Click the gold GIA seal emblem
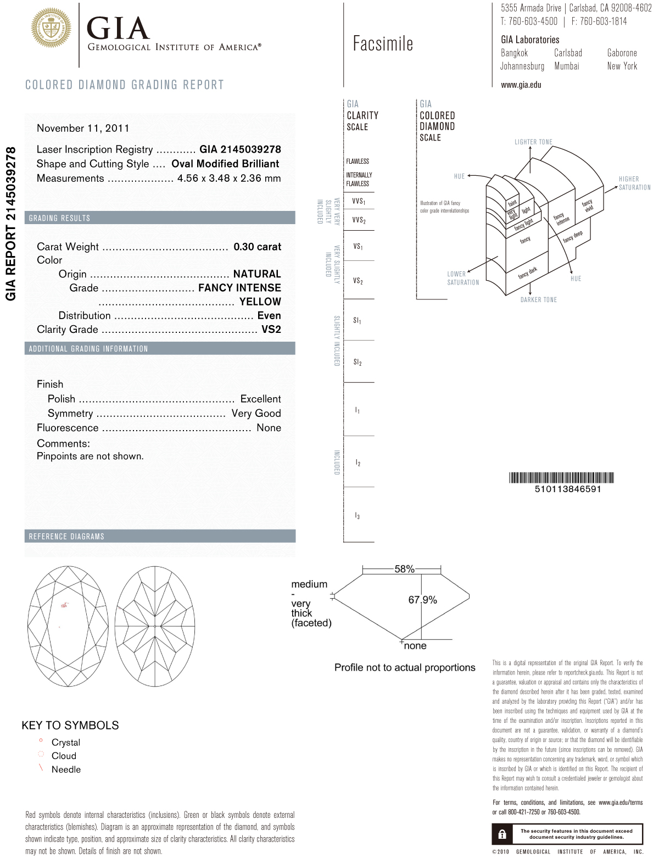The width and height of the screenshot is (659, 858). [x=51, y=28]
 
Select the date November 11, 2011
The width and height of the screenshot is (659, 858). [x=83, y=128]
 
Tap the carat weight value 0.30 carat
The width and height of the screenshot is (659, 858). [x=257, y=247]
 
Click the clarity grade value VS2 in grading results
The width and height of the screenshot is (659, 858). [x=271, y=329]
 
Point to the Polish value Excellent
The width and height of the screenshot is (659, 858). [x=260, y=399]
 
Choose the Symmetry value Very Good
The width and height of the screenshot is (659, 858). [x=256, y=413]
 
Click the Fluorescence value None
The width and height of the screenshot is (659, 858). [x=269, y=427]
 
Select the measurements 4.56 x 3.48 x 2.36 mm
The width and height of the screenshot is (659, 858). [x=229, y=178]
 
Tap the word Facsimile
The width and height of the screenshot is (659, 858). [x=383, y=44]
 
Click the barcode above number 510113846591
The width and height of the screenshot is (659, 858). [x=561, y=477]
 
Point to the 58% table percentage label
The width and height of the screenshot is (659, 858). [x=404, y=569]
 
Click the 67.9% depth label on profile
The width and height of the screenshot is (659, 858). [x=422, y=600]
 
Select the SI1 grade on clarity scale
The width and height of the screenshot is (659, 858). [x=358, y=320]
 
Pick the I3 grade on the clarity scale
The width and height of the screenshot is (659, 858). [x=358, y=516]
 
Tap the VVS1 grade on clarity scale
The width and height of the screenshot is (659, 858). [x=359, y=202]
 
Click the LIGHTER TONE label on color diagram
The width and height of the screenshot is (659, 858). [x=533, y=142]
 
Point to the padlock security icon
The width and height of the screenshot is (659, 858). [x=502, y=834]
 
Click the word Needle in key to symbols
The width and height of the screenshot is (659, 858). [x=66, y=770]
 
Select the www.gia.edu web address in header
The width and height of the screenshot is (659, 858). [x=521, y=85]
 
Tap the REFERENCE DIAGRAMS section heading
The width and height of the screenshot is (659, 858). [x=66, y=536]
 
